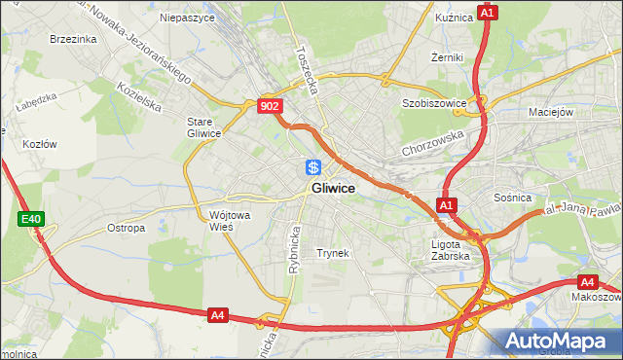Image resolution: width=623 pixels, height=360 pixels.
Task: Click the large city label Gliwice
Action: pos(332,188)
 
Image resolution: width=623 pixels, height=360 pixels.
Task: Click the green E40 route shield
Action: pos(30,220)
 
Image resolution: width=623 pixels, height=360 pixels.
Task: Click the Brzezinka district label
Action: pos(72,40)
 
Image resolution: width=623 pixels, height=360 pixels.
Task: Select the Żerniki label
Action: pos(447,58)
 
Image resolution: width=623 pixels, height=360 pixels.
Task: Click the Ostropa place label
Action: pos(126,229)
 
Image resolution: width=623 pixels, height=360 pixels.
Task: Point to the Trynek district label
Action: pos(332,253)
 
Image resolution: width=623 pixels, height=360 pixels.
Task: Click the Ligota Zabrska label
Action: pos(451,250)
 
